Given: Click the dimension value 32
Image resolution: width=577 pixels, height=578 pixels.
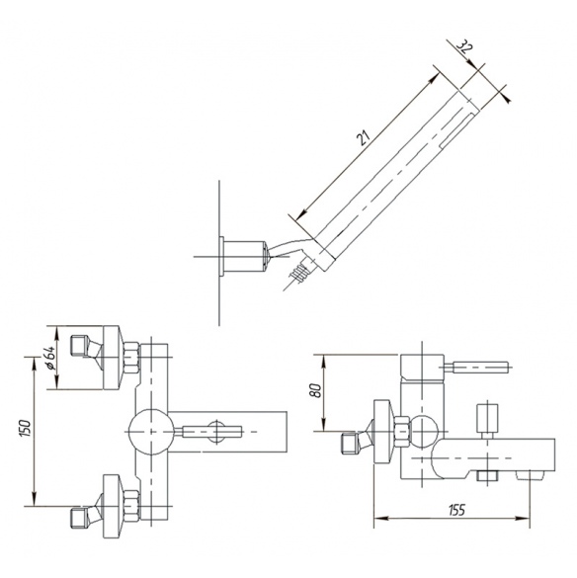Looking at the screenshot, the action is (465, 46).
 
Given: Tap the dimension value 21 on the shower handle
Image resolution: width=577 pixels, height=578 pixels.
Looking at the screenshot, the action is (363, 137).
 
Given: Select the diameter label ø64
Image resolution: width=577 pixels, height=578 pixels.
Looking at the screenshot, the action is (50, 358).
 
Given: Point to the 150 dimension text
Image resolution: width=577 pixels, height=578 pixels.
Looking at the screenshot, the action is (25, 428).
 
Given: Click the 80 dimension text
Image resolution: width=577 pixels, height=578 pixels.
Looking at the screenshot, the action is (315, 390).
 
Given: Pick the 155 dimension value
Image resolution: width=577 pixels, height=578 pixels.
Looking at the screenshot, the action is (456, 510).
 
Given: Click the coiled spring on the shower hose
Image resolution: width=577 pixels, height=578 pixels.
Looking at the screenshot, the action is (298, 274).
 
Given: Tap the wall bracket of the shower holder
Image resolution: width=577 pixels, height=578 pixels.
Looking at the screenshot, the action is (242, 257).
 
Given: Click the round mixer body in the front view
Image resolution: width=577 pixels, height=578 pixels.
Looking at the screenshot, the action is (151, 432).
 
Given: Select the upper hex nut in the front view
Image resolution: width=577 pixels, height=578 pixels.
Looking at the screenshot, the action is (131, 358).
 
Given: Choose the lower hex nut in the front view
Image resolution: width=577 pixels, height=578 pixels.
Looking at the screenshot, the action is (131, 506).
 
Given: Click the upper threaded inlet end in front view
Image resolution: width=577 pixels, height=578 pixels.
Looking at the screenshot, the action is (79, 346).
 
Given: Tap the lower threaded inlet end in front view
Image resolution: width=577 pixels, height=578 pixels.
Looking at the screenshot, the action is (79, 519).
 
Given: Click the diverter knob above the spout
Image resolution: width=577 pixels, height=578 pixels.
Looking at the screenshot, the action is (487, 421).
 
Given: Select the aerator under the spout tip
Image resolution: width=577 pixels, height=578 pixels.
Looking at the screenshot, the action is (530, 475).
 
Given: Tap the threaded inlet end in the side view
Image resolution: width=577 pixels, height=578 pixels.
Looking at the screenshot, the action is (350, 444).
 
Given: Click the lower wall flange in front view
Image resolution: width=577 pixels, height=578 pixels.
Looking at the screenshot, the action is (113, 507).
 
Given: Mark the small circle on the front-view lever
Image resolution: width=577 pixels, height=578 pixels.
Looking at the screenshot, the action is (217, 432).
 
